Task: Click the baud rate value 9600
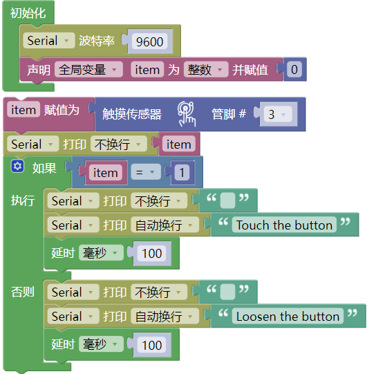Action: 149,41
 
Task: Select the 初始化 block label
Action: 28,13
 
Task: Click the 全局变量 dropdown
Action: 88,70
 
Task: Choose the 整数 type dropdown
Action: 206,70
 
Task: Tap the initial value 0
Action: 294,70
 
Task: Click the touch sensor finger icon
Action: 187,114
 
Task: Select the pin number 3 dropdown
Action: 278,115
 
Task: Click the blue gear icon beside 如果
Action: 17,166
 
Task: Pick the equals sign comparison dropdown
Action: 146,172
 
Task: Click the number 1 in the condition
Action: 182,172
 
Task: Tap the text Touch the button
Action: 284,225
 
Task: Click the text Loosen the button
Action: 288,317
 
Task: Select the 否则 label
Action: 22,292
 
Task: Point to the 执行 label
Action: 22,200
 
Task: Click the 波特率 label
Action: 97,41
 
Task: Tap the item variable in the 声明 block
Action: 147,70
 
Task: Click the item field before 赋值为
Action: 23,110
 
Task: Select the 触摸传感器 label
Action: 132,114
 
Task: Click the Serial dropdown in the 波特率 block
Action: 49,41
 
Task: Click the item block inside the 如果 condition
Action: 106,172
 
